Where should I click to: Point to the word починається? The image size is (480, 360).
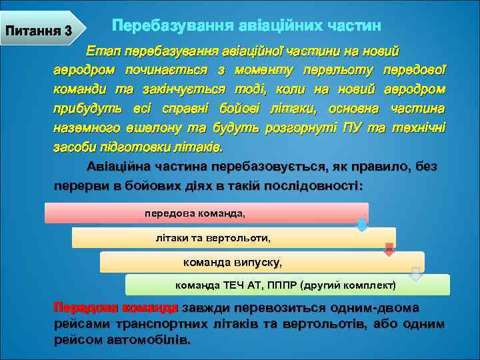pyautogui.click(x=169, y=70)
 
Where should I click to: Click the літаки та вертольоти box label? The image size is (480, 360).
pyautogui.click(x=213, y=237)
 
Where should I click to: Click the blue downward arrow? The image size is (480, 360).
pyautogui.click(x=361, y=225)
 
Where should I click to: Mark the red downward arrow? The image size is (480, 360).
pyautogui.click(x=389, y=249)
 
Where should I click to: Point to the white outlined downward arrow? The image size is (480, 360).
pyautogui.click(x=415, y=273)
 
